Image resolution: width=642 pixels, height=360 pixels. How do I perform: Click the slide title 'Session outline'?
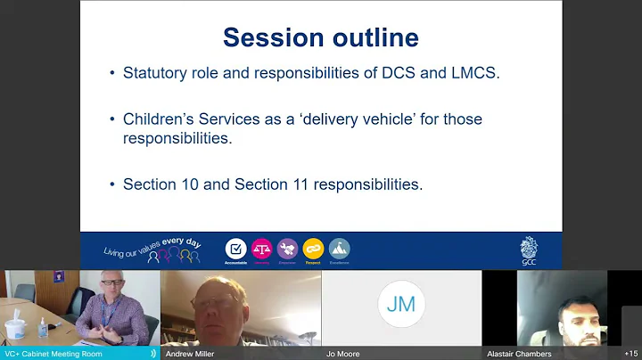[x=320, y=37]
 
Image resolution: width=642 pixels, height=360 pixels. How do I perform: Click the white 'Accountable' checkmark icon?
[x=235, y=249]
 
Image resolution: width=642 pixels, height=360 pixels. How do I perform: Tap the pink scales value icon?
[x=261, y=249]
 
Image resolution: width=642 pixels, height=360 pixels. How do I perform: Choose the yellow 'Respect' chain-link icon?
[x=313, y=249]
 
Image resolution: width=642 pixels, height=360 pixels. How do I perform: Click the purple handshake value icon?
[x=287, y=249]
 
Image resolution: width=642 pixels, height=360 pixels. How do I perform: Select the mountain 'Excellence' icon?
[x=339, y=249]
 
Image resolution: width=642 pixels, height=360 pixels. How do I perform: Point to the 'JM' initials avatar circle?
[x=401, y=304]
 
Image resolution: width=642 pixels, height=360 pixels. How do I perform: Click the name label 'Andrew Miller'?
[x=189, y=354]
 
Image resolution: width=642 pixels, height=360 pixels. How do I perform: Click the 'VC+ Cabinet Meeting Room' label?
[x=53, y=354]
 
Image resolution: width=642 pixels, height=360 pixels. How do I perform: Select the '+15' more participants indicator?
[x=630, y=354]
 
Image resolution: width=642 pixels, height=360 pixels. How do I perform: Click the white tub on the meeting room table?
[x=15, y=330]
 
